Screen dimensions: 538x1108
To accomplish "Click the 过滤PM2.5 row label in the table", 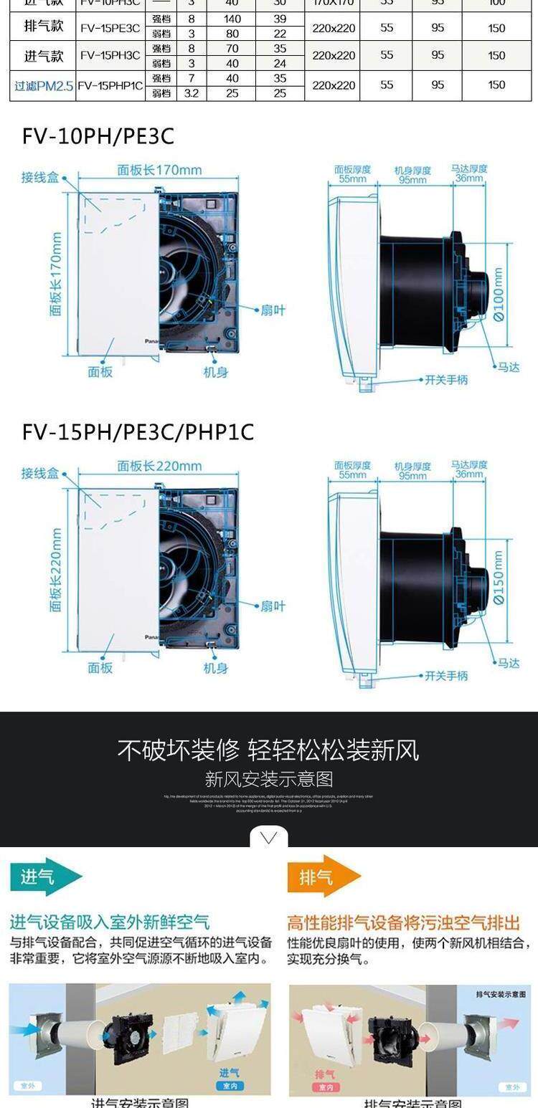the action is point(44,85).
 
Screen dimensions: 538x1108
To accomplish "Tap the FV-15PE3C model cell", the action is point(110,29).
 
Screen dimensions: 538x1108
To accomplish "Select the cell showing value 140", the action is point(232,19).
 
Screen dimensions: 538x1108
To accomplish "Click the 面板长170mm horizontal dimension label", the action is point(159,171).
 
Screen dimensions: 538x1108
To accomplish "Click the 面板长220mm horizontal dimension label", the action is point(159,466).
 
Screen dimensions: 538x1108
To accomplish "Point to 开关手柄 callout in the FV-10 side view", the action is point(445,380).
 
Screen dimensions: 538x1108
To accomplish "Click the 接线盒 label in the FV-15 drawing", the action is point(40,474).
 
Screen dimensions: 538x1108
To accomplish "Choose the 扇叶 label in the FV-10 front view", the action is point(273,310).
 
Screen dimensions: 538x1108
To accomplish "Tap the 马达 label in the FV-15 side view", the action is point(509,663).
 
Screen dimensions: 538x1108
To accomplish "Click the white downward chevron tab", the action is point(269,837).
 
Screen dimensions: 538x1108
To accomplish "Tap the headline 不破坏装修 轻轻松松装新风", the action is point(268,750).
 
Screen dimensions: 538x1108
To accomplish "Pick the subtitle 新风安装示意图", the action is point(268,780).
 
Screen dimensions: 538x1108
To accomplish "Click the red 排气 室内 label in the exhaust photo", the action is point(326,1079).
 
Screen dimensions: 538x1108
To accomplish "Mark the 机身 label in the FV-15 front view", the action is point(215,668).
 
